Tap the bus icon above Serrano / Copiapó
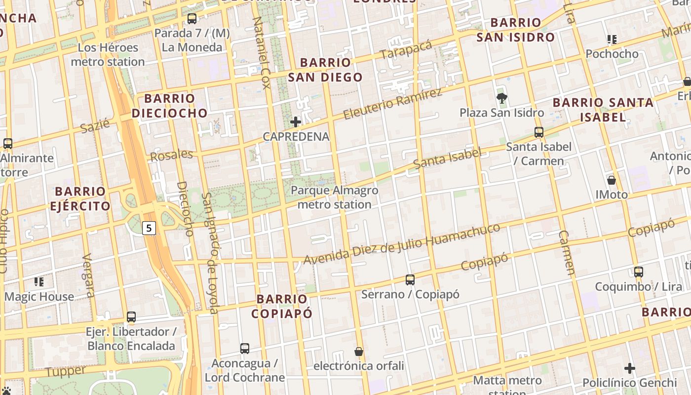pos(410,280)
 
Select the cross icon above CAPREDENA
pos(296,122)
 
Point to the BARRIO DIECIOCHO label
pos(170,106)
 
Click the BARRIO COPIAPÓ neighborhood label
pos(282,306)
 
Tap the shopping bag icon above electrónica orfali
pos(359,352)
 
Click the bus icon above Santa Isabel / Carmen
pos(538,132)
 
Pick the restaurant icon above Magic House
pos(39,282)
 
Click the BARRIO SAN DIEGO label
pos(325,70)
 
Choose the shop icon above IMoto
pos(612,180)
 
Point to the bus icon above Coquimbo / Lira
pos(639,272)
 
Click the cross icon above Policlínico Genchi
pos(630,368)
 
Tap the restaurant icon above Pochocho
pos(612,39)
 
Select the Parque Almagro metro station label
pos(335,197)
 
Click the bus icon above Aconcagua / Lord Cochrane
pos(245,349)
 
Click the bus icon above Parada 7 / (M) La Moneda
pos(192,19)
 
